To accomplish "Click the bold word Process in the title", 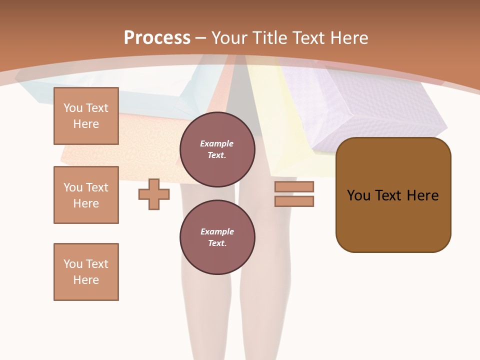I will pos(157,38).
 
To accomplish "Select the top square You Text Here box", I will pos(86,116).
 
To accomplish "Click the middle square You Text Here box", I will pos(86,195).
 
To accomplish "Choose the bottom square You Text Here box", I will pos(86,272).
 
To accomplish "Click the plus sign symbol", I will pos(154,194).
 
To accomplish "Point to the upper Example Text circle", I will pos(217,149).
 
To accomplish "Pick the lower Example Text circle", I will pos(217,237).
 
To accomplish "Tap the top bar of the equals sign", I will pos(294,187).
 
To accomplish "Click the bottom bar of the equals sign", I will pos(294,201).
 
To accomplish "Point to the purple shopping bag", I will pos(370,110).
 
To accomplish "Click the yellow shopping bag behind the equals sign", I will pos(285,125).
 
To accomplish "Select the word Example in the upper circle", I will pos(217,143).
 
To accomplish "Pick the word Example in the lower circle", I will pos(217,231).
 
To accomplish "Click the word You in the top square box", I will pos(72,108).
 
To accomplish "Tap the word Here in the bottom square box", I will pos(86,280).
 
